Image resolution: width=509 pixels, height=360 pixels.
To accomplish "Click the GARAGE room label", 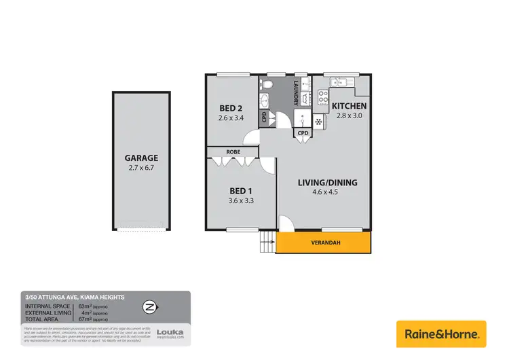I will point(141,158).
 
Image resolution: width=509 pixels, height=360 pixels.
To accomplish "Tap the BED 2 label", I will point(231,108).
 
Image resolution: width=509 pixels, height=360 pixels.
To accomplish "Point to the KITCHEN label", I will point(350,106).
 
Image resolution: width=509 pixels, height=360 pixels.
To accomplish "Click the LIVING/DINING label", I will point(328,183).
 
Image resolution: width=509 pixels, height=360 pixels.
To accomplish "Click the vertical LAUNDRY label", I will point(297,93).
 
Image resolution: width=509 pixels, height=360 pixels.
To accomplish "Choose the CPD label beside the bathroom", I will point(264,118).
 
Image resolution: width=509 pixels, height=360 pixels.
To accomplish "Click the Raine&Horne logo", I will point(441,334).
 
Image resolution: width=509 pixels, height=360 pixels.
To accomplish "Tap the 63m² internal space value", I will point(86,307).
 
